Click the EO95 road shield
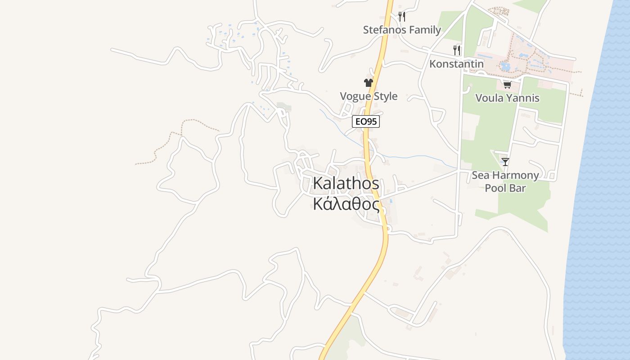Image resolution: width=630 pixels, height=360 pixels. point(365,121)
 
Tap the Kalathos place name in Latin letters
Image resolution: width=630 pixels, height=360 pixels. point(346,184)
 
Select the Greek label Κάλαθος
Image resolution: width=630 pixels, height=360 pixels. point(346,204)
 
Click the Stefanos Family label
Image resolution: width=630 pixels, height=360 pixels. point(402,30)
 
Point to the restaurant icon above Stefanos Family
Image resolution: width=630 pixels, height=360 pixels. point(402,17)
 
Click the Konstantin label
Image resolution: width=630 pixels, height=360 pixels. point(456,64)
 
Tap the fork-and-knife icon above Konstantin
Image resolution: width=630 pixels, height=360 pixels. point(457,50)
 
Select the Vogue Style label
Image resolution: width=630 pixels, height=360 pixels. point(369,96)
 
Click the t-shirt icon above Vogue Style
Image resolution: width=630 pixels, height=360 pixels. point(369,83)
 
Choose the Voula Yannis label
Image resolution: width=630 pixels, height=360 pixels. point(507,98)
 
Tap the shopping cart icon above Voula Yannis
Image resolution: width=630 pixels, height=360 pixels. point(507,85)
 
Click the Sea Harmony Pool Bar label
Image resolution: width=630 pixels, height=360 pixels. point(505,182)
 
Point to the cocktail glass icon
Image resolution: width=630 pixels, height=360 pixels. point(505,162)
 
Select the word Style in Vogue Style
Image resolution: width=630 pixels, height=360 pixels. point(386,96)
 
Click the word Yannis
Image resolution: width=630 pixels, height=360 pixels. point(523,98)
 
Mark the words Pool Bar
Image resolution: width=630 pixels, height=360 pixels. point(505,188)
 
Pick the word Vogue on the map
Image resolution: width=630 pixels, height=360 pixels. point(355,96)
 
